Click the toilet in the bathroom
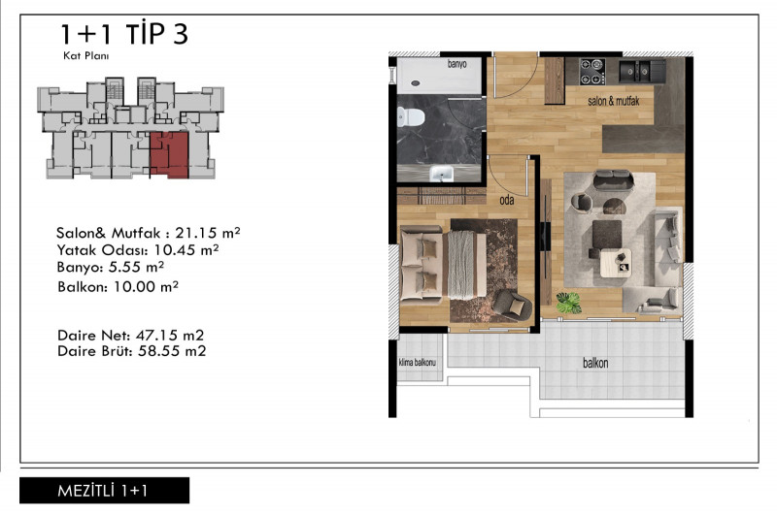click(x=410, y=117)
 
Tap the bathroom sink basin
click(x=441, y=174)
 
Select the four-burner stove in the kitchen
click(x=592, y=71)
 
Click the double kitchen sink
click(x=635, y=70)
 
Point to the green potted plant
click(x=568, y=303)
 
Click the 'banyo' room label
click(x=456, y=64)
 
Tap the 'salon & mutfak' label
click(x=614, y=101)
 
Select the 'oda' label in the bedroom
click(x=506, y=200)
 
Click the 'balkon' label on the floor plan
click(x=595, y=363)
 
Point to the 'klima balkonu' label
click(x=418, y=363)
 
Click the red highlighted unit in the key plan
click(x=169, y=154)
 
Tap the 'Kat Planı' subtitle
click(x=85, y=56)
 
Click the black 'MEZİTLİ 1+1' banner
click(x=104, y=490)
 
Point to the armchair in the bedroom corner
click(x=512, y=305)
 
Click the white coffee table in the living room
click(x=616, y=262)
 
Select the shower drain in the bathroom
click(x=415, y=83)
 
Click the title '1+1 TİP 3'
click(x=124, y=34)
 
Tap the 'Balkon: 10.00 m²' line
click(x=118, y=286)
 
